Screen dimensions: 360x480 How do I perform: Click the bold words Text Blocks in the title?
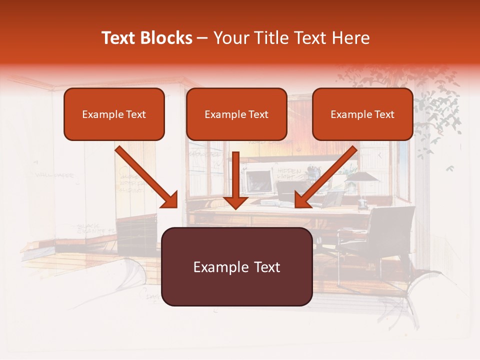coord(146,38)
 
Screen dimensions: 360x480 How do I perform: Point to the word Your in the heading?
coord(229,38)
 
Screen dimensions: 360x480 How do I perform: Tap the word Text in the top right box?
coord(384,114)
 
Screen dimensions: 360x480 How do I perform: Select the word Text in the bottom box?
coord(264,267)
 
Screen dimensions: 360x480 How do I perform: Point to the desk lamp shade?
coord(360,176)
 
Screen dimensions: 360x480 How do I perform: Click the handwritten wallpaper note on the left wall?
coord(54,175)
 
